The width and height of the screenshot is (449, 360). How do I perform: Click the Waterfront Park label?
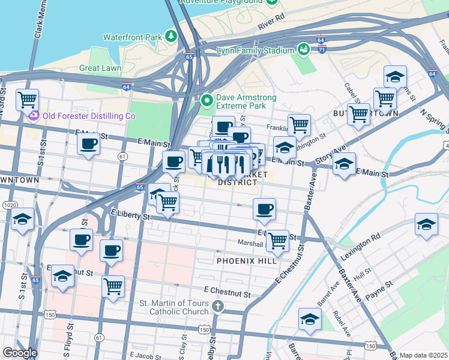(x=133, y=37)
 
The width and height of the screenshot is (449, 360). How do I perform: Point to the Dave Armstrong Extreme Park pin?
(x=208, y=100)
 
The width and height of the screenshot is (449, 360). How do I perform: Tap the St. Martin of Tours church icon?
(x=218, y=307)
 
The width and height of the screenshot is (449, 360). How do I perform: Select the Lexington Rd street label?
(x=360, y=245)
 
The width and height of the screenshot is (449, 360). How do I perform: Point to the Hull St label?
(x=362, y=272)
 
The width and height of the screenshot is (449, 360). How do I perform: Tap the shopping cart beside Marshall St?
(x=277, y=241)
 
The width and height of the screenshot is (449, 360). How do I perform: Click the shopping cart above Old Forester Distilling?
(x=27, y=99)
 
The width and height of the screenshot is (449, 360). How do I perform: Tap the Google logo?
(x=20, y=353)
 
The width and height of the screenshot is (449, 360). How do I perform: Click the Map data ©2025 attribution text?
(x=423, y=355)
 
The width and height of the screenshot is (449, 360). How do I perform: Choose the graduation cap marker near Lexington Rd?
(x=426, y=224)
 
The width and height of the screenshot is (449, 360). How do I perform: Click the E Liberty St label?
(x=130, y=214)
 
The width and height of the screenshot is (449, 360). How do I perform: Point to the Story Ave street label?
(x=335, y=155)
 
